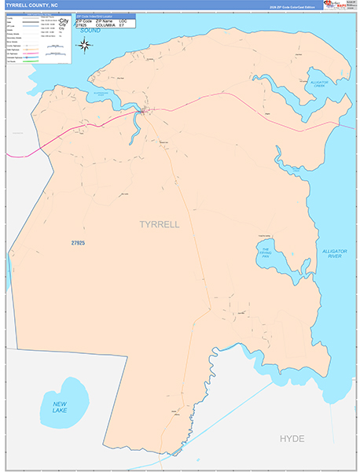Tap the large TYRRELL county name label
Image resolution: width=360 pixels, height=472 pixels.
point(159,224)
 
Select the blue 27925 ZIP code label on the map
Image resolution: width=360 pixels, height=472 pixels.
point(77,244)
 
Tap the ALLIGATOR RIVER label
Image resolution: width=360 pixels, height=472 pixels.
point(334,254)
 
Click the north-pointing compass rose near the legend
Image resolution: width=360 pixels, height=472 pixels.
point(87,53)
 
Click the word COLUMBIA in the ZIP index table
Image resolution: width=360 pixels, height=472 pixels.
point(105,25)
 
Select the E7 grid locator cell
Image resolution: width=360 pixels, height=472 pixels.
point(123,25)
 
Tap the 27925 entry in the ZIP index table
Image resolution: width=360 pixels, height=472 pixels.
point(82,25)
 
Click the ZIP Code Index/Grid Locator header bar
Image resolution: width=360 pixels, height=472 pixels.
point(105,15)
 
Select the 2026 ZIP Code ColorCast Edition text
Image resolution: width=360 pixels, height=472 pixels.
point(293,6)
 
